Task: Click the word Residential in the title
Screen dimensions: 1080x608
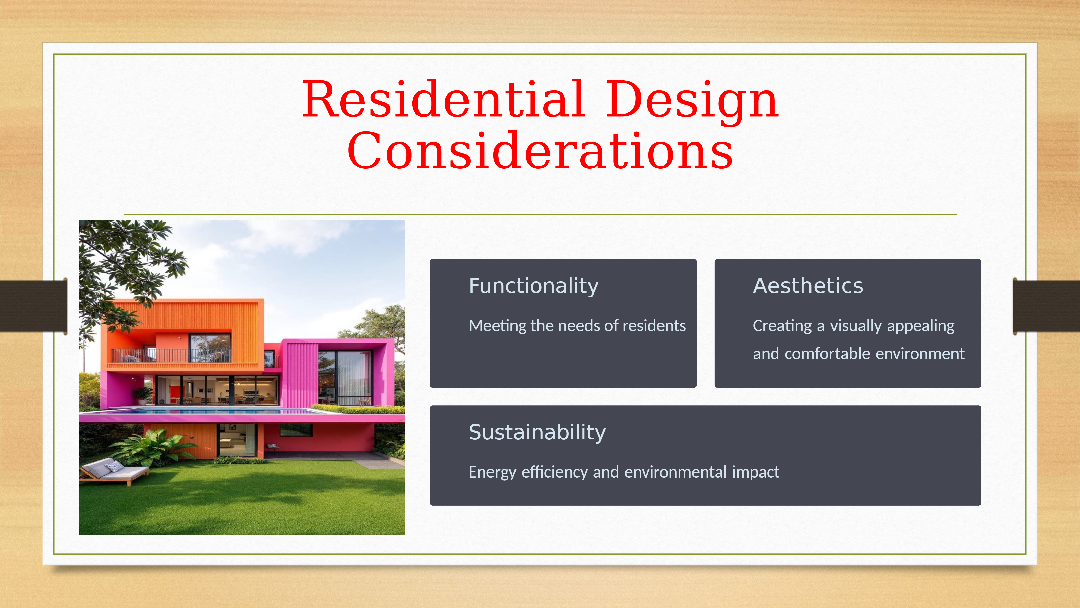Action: (444, 99)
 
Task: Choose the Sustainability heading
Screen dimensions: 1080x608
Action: (537, 432)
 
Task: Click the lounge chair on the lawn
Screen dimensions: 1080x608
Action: (114, 472)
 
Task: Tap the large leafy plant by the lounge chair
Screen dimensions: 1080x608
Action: (151, 447)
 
